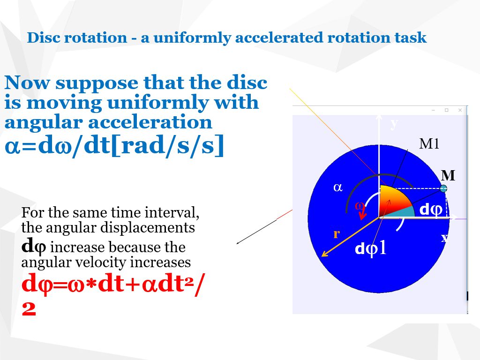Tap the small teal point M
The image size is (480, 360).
pos(443,188)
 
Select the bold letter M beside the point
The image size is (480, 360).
pos(448,176)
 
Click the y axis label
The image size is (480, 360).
pos(394,123)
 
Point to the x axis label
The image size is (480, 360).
pos(444,238)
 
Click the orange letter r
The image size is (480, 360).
pos(336,234)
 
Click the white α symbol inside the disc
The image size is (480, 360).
pos(337,187)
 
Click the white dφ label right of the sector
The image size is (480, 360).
pos(430,210)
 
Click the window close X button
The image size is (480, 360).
pos(460,110)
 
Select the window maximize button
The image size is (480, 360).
pos(447,110)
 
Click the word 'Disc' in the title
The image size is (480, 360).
pos(43,37)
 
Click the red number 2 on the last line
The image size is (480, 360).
pos(29,309)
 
